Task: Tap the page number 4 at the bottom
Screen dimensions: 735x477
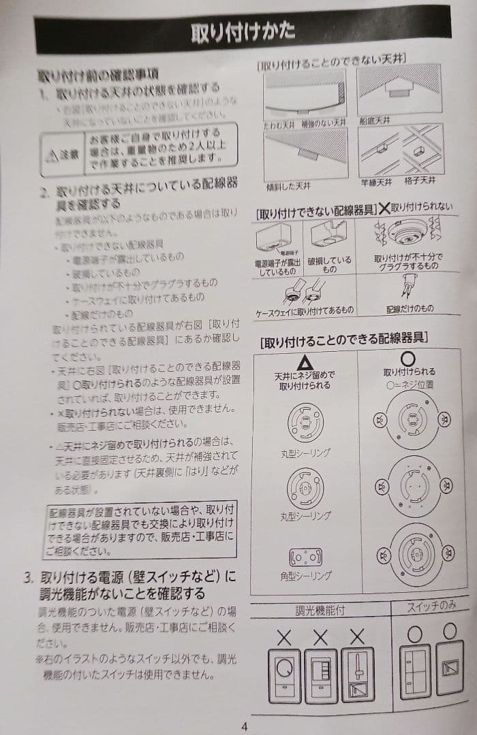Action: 244,725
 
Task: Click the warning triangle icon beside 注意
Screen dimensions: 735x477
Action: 52,154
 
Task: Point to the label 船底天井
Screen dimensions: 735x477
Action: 374,120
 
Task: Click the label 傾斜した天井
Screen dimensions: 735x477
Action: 290,186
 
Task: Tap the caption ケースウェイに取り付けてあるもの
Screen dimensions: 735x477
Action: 304,310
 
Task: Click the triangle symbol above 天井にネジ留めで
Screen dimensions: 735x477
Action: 304,361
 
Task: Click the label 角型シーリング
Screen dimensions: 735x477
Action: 306,576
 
